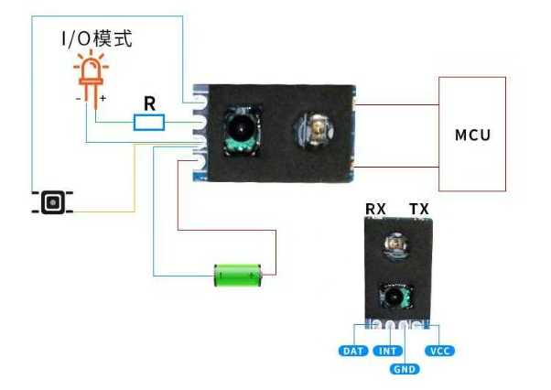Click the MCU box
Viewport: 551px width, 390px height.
472,135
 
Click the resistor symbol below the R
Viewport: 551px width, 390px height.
149,122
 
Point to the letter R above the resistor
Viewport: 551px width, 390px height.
150,103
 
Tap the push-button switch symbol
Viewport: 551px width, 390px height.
53,202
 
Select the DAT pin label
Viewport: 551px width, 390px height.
352,351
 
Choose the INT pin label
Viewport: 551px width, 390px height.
387,351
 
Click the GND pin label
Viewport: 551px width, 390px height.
404,369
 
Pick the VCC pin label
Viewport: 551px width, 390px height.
439,351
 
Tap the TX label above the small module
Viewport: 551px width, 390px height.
418,210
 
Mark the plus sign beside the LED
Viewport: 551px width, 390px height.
103,97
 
